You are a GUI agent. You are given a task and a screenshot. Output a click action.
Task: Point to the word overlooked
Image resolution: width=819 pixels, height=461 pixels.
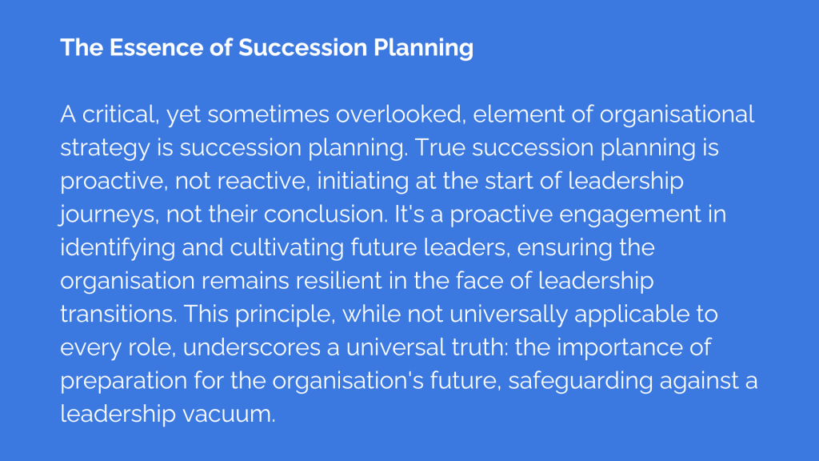pos(401,114)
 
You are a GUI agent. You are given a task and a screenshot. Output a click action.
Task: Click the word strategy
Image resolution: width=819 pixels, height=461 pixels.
pos(105,149)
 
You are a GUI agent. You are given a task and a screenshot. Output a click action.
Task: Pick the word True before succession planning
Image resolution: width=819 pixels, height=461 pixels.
pos(440,148)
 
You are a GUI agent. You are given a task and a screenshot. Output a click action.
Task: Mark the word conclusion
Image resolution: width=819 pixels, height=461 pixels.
pos(326,214)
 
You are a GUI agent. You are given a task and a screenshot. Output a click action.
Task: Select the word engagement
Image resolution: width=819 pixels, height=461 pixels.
pos(630,215)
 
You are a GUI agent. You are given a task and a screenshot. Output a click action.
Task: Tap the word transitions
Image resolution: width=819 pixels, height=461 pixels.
pos(118,314)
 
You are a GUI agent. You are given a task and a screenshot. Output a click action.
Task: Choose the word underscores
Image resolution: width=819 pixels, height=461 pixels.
pos(252,347)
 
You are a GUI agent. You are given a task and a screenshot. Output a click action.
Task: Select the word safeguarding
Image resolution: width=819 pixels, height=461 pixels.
pos(581,382)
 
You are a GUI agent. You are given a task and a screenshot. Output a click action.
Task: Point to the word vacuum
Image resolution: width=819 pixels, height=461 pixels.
pos(229,415)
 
